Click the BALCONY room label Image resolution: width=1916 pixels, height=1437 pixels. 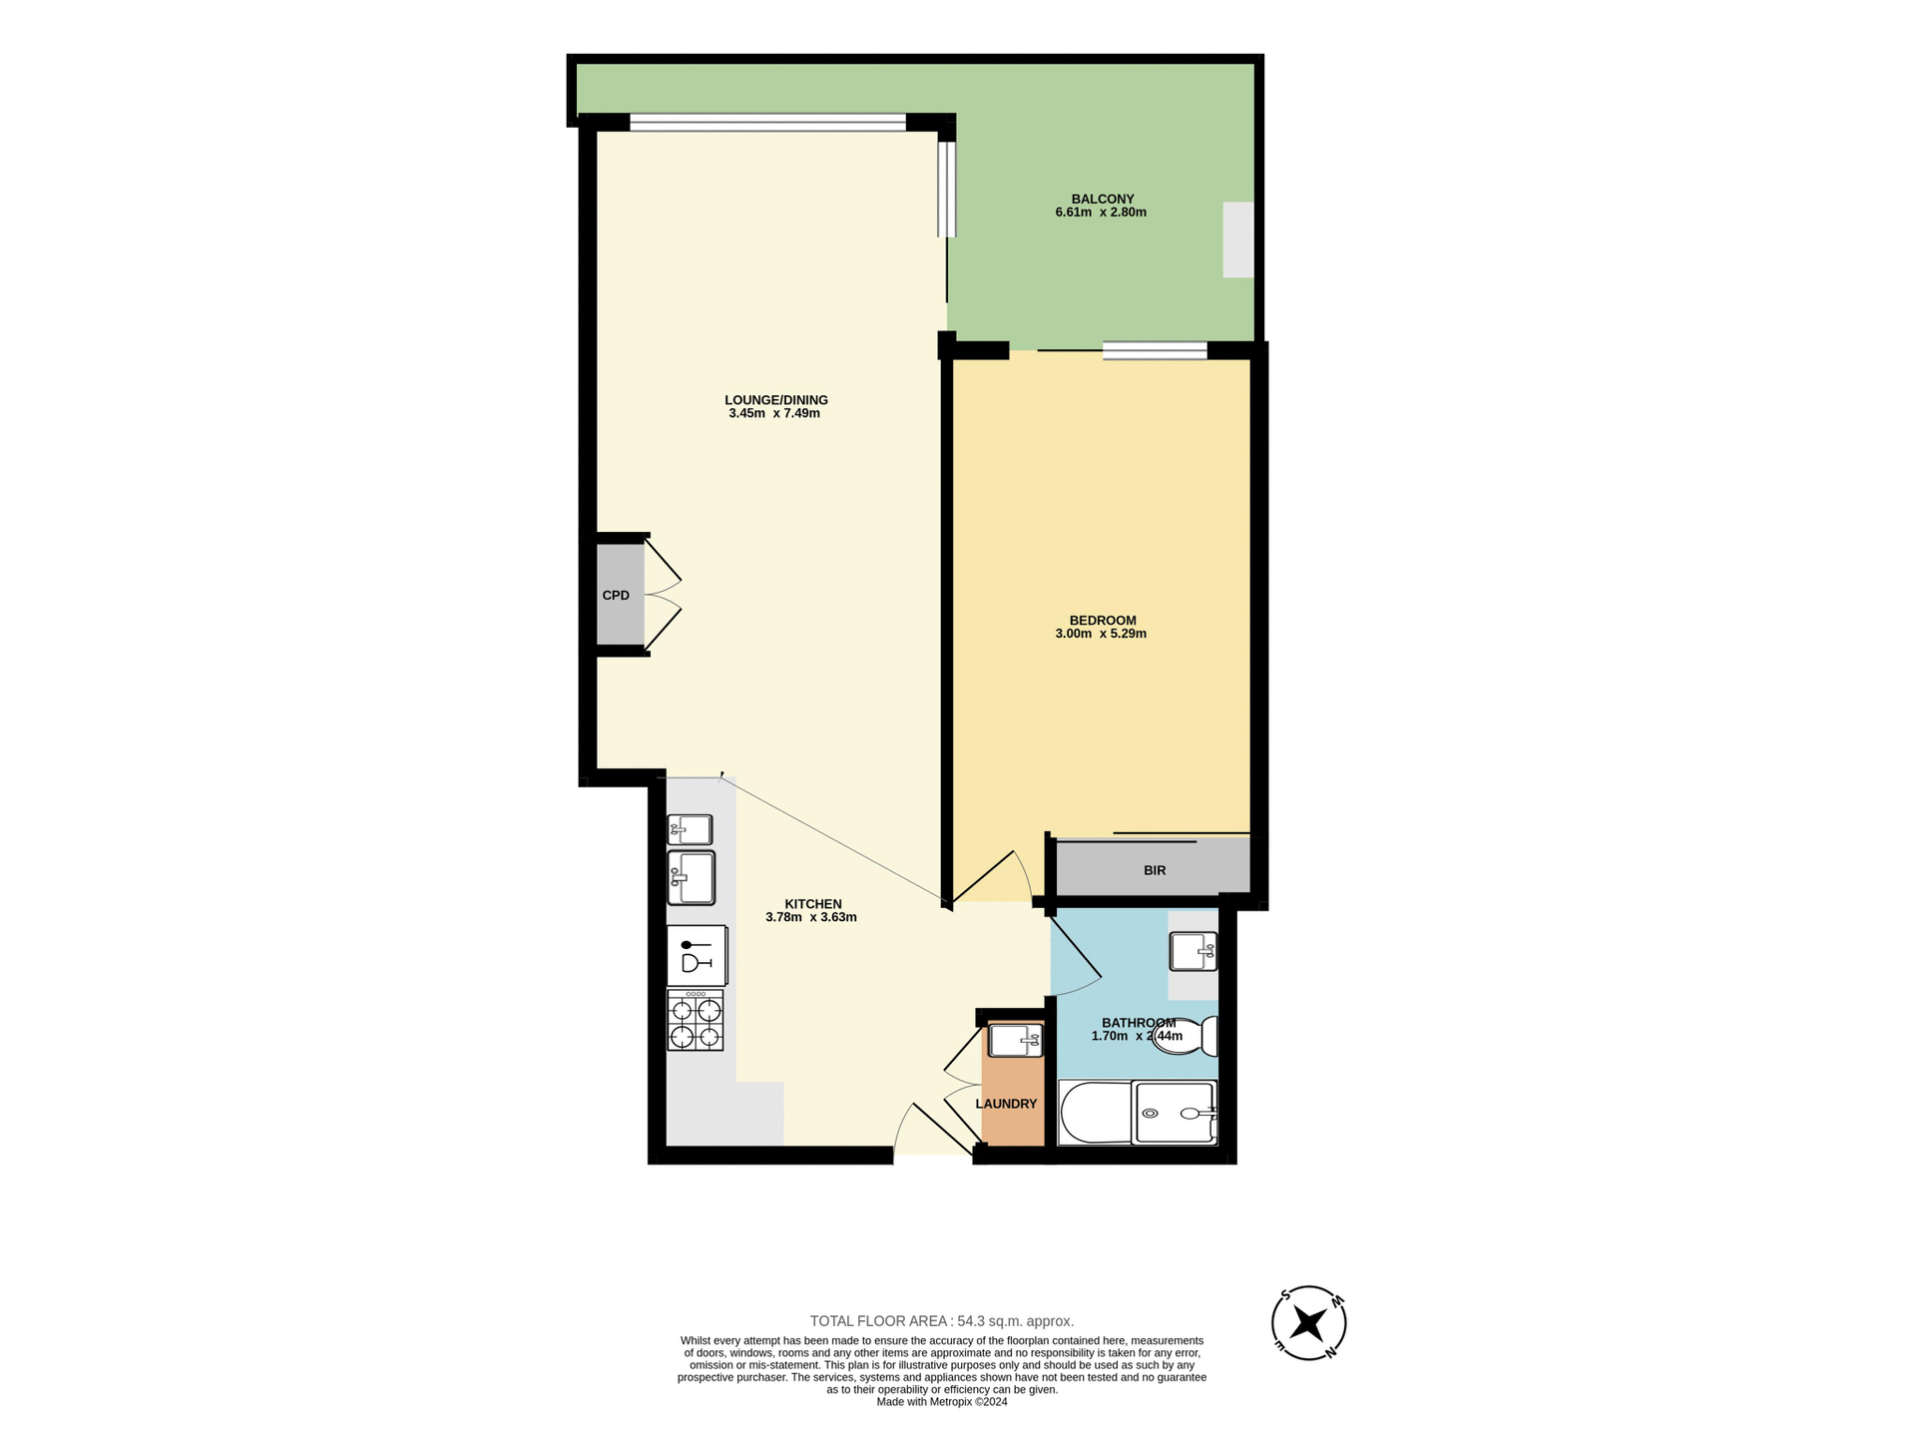[1102, 199]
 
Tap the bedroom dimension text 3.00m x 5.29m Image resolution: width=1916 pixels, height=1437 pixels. [1101, 634]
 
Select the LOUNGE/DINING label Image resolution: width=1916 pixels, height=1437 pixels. [775, 400]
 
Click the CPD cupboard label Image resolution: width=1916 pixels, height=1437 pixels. [616, 596]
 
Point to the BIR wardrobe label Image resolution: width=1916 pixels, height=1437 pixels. [1155, 870]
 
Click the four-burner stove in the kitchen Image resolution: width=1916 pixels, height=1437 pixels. [696, 1021]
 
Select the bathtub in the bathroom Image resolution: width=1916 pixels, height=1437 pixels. [1095, 1113]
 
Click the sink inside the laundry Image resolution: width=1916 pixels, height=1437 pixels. [1015, 1041]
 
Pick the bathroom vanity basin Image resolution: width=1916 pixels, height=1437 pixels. [1193, 951]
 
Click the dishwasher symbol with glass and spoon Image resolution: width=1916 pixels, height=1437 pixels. [697, 956]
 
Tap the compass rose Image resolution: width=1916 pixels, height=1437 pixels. [1308, 1323]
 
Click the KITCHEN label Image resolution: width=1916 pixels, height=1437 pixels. [812, 904]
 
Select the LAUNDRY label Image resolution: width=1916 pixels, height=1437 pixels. [1006, 1104]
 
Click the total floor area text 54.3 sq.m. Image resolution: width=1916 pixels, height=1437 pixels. [941, 1321]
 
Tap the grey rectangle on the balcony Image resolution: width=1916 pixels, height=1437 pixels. [1237, 239]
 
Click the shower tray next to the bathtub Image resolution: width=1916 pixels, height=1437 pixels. [1176, 1113]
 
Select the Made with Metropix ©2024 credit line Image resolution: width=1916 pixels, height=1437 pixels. [941, 1402]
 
